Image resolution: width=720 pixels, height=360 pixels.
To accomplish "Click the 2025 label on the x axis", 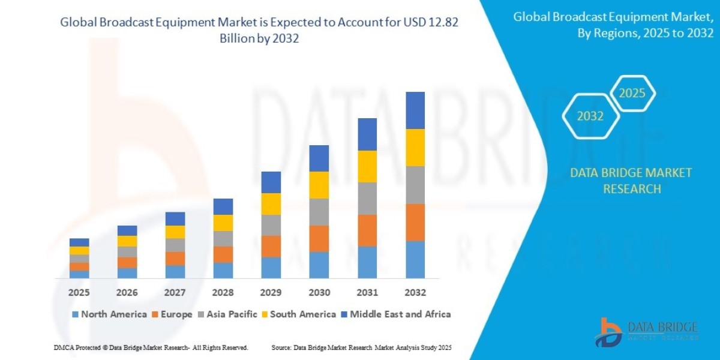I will coord(79,292).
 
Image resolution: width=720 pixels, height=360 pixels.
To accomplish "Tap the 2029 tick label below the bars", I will coord(271,292).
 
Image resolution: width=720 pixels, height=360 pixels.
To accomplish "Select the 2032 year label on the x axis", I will coord(415,292).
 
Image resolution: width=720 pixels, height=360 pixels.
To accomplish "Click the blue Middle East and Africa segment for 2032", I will coord(415,110).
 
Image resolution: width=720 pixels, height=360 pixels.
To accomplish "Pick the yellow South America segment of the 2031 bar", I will coord(367,166).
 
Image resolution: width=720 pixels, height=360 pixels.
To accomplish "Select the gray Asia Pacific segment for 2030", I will coord(319,212).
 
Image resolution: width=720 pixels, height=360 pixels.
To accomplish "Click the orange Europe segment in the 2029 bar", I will coord(271,246).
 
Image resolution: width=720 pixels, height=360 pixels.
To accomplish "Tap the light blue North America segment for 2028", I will coord(223,271).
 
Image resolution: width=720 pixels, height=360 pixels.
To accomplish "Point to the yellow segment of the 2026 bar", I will coord(127,241).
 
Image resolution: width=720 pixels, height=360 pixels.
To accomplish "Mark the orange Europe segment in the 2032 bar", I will coord(415,223).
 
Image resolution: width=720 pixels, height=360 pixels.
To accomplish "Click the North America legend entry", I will coord(109,314).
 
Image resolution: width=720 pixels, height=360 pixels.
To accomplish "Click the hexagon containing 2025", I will coord(632,94).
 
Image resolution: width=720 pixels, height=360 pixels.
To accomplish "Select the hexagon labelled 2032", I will coord(590,116).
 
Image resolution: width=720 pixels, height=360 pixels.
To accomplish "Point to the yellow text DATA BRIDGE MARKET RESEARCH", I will coord(631,181).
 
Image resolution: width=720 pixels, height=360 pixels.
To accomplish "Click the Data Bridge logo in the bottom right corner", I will coord(647,332).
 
